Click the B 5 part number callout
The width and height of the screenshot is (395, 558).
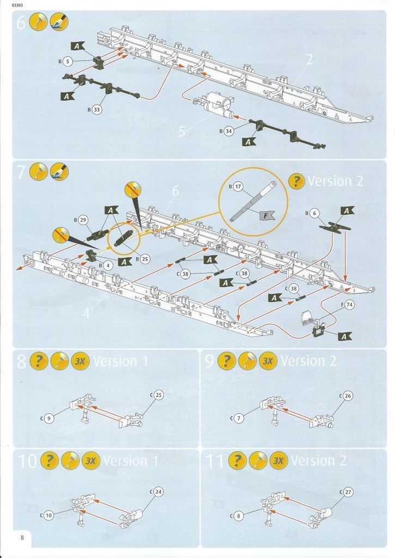tap(67, 62)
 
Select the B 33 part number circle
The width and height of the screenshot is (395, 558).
tap(96, 110)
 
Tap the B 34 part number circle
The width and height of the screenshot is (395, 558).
tap(229, 131)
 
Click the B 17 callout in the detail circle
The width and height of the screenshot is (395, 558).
tap(238, 186)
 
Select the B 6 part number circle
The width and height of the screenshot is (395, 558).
tap(314, 213)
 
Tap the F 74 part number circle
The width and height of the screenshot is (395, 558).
tap(350, 305)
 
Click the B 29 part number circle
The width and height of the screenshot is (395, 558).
tap(83, 220)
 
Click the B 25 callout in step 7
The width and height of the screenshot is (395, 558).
tap(145, 259)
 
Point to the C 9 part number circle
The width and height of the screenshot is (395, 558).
tap(48, 418)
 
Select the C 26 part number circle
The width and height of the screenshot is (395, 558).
tap(348, 396)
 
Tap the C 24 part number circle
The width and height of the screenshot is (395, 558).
tap(159, 492)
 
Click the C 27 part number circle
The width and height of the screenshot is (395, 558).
tap(348, 492)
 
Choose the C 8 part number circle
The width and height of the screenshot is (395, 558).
tap(238, 515)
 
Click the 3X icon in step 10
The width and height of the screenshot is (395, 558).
tap(91, 460)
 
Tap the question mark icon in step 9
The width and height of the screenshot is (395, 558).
tap(227, 361)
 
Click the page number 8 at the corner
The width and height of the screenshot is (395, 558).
tap(22, 537)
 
